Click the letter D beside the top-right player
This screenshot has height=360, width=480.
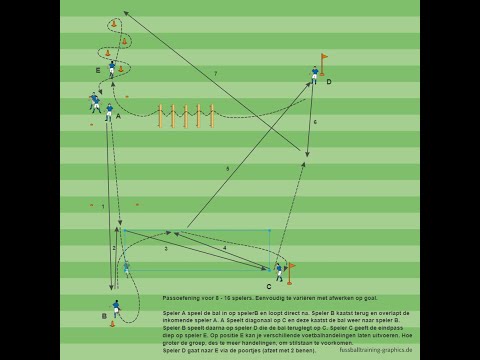click(328, 82)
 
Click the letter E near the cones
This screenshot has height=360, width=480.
click(98, 70)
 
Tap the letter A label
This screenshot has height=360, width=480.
click(118, 116)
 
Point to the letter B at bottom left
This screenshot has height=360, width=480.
click(104, 316)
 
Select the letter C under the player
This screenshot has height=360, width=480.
click(268, 287)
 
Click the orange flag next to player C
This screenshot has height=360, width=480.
click(290, 270)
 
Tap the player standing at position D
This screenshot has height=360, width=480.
click(314, 74)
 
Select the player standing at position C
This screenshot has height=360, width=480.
click(279, 271)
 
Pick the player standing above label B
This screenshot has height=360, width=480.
click(116, 307)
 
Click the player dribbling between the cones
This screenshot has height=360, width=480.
click(112, 68)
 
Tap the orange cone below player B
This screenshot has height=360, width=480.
click(112, 324)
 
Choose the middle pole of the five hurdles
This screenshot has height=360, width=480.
click(185, 115)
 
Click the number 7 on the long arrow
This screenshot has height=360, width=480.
click(215, 73)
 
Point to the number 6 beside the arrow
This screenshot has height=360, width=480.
click(315, 122)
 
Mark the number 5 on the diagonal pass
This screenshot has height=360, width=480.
click(227, 169)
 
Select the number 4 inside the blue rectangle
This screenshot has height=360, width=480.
click(224, 248)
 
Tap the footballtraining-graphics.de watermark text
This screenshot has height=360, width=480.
click(375, 350)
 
